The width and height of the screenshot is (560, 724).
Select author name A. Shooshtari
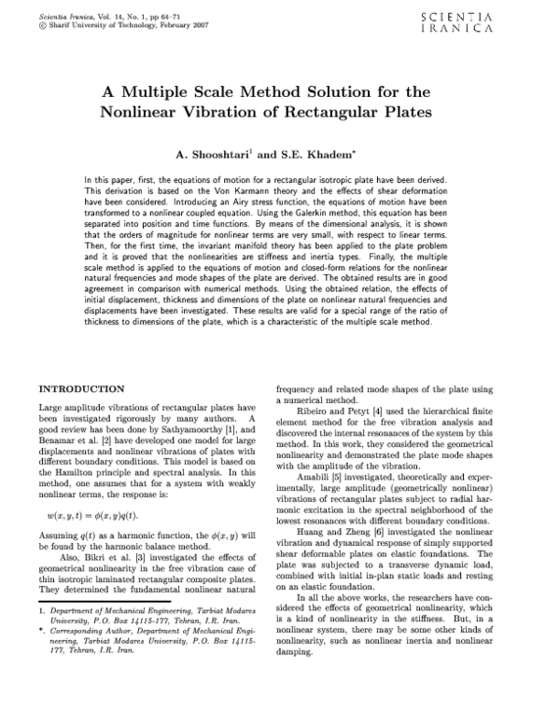[x=214, y=152]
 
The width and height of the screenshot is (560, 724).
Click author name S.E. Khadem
[x=315, y=152]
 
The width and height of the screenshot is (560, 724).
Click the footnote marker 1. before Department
[x=42, y=635]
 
